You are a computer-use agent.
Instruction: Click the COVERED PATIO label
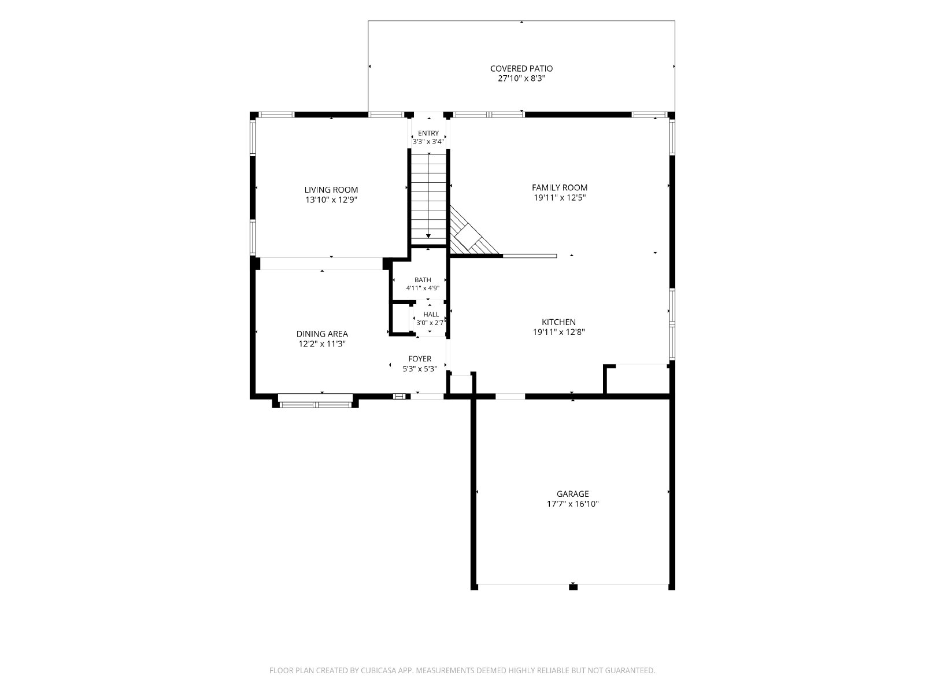click(x=521, y=68)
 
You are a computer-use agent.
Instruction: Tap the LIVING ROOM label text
click(x=331, y=190)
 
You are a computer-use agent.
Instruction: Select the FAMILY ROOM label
click(x=559, y=187)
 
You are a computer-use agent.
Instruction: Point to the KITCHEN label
click(x=559, y=322)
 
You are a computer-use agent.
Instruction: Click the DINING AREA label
click(x=322, y=334)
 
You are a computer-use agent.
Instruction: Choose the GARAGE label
click(x=573, y=493)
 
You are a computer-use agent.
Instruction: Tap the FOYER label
click(x=420, y=359)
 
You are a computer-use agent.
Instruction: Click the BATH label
click(x=423, y=280)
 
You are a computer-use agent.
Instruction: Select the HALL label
click(x=431, y=315)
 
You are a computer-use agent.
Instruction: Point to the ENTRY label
click(x=428, y=133)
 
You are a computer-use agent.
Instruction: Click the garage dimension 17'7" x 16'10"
click(x=573, y=504)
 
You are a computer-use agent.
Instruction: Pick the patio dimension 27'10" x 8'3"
click(x=521, y=79)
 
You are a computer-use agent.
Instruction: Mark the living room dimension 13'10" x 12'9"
click(x=331, y=200)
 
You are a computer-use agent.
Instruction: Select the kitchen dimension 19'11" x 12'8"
click(x=559, y=332)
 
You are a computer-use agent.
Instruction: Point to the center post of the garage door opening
click(x=573, y=586)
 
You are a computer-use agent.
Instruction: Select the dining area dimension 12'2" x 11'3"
click(x=322, y=344)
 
